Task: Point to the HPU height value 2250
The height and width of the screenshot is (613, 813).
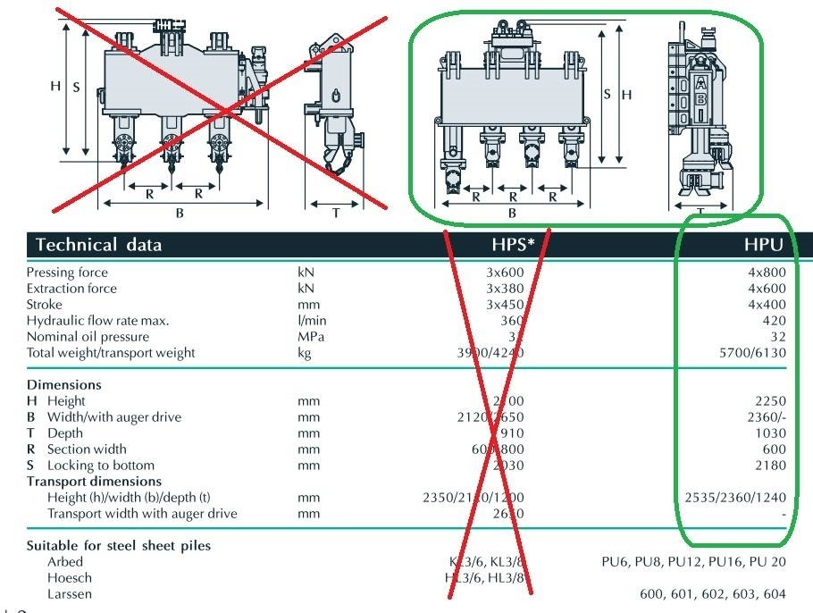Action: tap(770, 401)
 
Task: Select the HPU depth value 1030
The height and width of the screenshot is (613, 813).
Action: tap(770, 433)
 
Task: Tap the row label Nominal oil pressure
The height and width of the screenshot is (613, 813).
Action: tap(85, 337)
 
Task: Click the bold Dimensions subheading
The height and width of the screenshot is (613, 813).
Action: tap(63, 385)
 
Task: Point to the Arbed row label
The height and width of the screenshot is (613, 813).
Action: tap(65, 562)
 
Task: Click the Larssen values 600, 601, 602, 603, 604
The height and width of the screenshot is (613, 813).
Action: tap(713, 594)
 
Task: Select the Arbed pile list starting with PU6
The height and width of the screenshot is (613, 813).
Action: tap(694, 562)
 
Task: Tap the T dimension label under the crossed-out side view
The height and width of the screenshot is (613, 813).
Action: tap(336, 213)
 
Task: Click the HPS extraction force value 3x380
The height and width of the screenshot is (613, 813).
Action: tap(504, 289)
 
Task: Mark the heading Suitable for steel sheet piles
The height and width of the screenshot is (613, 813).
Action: tap(119, 546)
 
